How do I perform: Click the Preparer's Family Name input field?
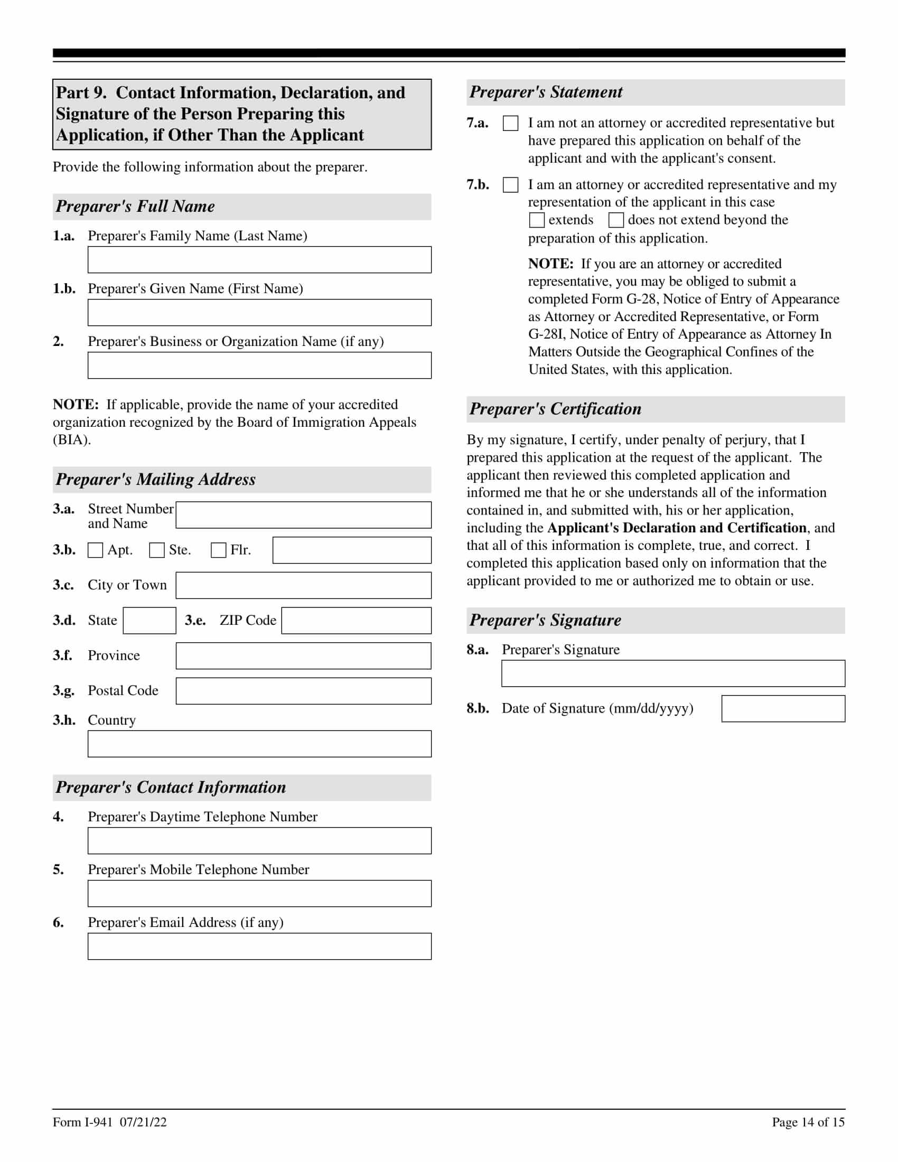click(x=259, y=260)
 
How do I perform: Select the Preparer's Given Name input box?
click(x=259, y=312)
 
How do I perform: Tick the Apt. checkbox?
click(x=95, y=550)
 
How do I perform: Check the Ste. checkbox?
click(x=157, y=550)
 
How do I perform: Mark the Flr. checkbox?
click(x=219, y=550)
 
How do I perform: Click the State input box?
click(x=149, y=621)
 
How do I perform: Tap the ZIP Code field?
click(x=356, y=621)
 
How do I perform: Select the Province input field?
click(x=303, y=655)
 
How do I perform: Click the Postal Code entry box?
click(x=303, y=691)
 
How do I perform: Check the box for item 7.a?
click(x=510, y=124)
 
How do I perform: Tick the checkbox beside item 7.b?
click(x=510, y=185)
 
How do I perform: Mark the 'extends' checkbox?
click(x=537, y=220)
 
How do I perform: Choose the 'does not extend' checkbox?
click(x=616, y=220)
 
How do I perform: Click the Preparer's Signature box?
click(x=673, y=673)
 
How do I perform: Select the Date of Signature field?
click(x=783, y=709)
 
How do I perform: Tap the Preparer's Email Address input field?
click(x=259, y=946)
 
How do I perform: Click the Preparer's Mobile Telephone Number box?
click(x=259, y=893)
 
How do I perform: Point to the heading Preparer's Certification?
click(x=555, y=409)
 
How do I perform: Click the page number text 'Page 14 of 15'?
click(x=808, y=1122)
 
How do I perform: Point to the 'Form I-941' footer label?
click(x=83, y=1122)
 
